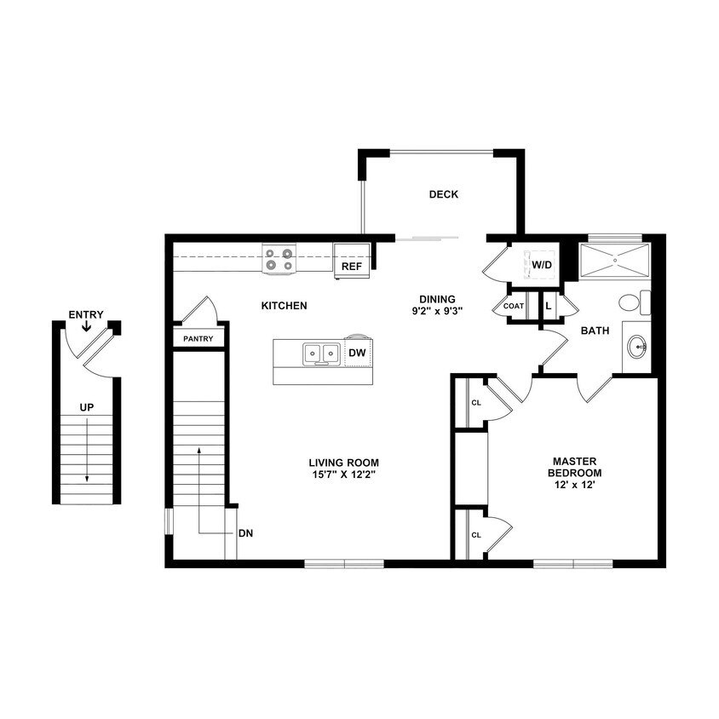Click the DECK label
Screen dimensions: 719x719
click(443, 194)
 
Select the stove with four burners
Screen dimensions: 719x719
click(279, 259)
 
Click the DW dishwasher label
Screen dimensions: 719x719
click(356, 352)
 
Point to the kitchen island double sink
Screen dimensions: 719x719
click(319, 353)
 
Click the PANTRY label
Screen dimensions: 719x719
click(199, 338)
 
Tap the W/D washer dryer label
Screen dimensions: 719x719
click(543, 265)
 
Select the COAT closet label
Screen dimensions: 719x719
click(513, 305)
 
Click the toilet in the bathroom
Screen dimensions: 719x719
click(630, 302)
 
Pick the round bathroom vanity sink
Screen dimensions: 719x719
click(636, 346)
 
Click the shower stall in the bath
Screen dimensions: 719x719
click(614, 260)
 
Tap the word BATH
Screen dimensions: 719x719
click(595, 331)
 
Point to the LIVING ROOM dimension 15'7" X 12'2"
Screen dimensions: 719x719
click(343, 474)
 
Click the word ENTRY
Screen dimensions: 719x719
click(86, 315)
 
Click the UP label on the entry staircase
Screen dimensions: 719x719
click(86, 407)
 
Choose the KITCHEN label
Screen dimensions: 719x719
click(284, 305)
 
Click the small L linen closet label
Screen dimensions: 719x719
click(549, 305)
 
